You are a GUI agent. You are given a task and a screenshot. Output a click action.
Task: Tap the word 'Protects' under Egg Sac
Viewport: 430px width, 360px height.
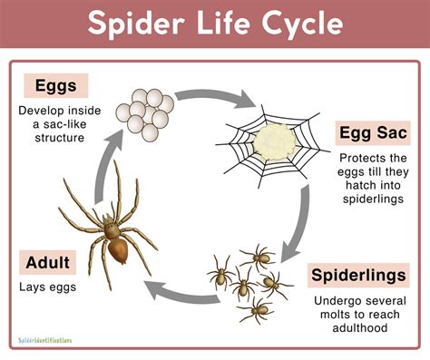(x=344, y=157)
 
